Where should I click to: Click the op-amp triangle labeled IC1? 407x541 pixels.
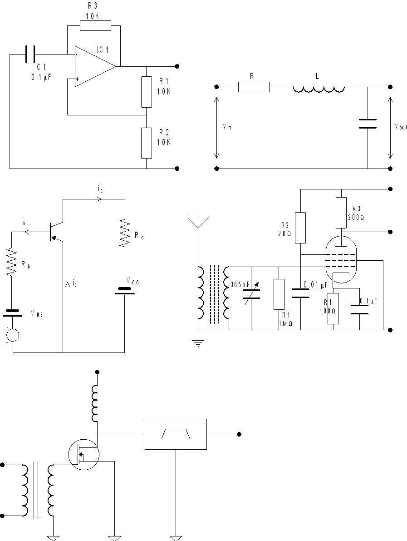[x=93, y=66]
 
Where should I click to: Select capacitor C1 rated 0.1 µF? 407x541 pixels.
[x=30, y=54]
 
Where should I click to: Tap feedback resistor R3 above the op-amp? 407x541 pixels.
[x=95, y=25]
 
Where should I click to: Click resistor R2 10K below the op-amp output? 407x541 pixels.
[x=146, y=143]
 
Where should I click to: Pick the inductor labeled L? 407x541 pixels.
[x=318, y=88]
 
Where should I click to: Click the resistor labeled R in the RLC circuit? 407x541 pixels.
[x=254, y=87]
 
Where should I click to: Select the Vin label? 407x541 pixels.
[x=227, y=128]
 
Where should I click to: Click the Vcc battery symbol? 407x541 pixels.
[x=124, y=290]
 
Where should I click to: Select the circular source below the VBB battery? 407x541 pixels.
[x=13, y=335]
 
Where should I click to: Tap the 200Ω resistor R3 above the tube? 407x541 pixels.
[x=341, y=212]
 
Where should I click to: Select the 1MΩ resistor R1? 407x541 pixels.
[x=279, y=294]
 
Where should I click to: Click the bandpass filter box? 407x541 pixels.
[x=176, y=434]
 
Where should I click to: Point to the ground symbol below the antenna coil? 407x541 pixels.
[x=198, y=343]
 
